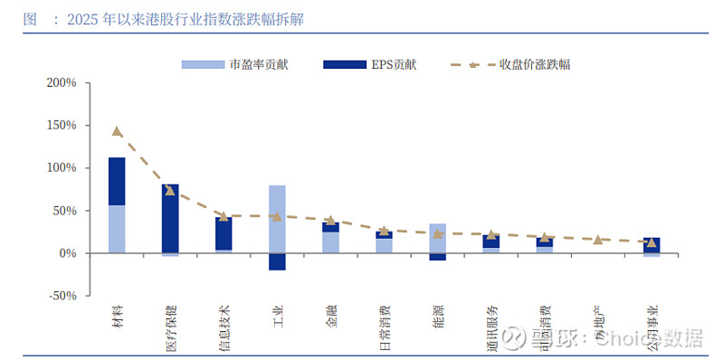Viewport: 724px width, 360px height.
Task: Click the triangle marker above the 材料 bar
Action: pyautogui.click(x=117, y=131)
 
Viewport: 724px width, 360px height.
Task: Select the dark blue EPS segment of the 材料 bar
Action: pyautogui.click(x=117, y=181)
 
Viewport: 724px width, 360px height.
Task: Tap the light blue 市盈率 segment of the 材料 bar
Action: pyautogui.click(x=117, y=229)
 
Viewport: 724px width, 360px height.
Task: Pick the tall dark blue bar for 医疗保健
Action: pyautogui.click(x=170, y=218)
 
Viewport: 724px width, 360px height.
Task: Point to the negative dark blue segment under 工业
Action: pyautogui.click(x=277, y=261)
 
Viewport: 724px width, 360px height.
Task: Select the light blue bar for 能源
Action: pyautogui.click(x=437, y=238)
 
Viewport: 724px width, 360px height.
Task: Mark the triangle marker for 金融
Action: pyautogui.click(x=330, y=220)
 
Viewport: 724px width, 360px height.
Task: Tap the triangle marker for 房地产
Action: pyautogui.click(x=597, y=240)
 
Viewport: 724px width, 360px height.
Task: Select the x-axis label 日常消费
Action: pyautogui.click(x=385, y=327)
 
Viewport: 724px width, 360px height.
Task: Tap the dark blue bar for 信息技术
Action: pyautogui.click(x=224, y=233)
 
